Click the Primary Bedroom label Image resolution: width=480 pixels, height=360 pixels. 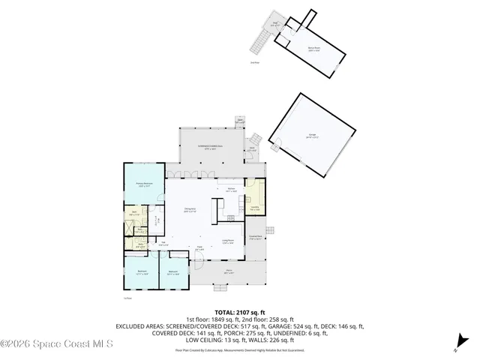click(x=144, y=184)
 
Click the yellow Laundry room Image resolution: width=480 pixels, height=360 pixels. click(x=254, y=208)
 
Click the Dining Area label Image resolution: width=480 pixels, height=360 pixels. click(x=190, y=210)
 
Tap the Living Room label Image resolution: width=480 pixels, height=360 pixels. click(x=228, y=241)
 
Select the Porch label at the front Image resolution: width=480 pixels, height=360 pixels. click(x=228, y=273)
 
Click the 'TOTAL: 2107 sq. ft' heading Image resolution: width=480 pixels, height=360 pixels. click(x=240, y=311)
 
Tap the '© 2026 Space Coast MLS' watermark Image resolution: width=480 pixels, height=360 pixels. click(x=56, y=344)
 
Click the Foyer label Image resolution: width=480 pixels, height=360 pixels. click(x=200, y=248)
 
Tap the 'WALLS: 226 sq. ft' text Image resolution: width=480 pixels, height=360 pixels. click(x=299, y=341)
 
